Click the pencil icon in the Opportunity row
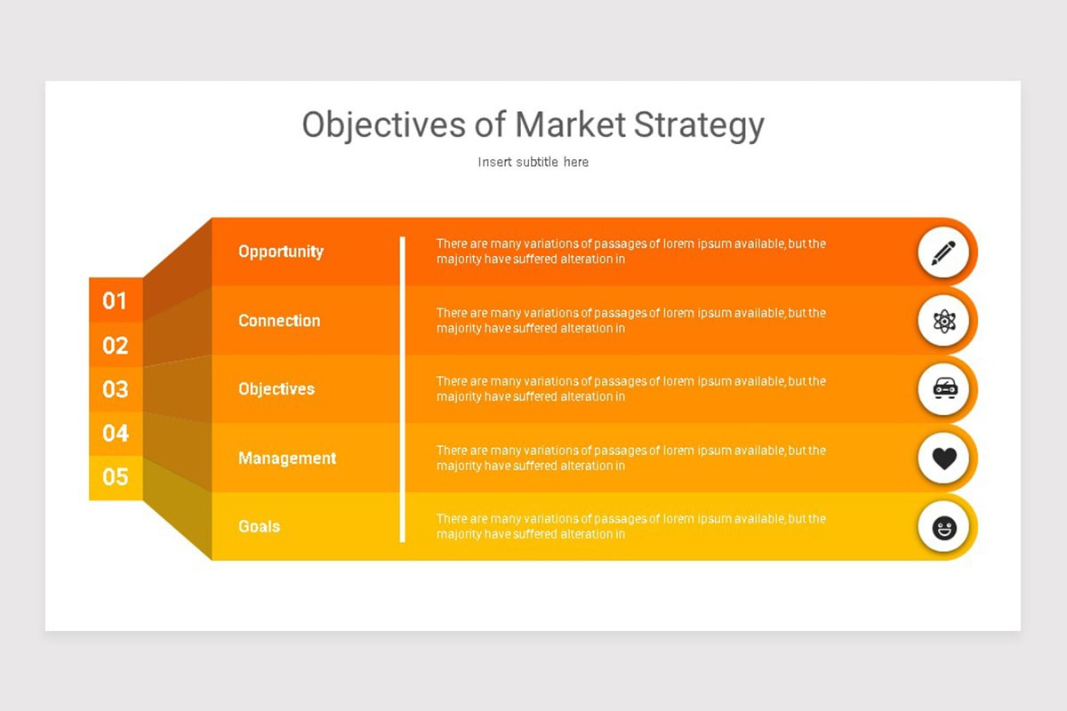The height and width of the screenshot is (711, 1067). pyautogui.click(x=943, y=252)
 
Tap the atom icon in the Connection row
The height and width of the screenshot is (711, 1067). pyautogui.click(x=944, y=321)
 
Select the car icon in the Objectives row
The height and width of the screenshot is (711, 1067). pyautogui.click(x=944, y=388)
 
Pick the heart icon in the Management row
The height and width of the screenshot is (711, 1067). pyautogui.click(x=944, y=458)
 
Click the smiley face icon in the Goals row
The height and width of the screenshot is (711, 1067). pyautogui.click(x=944, y=528)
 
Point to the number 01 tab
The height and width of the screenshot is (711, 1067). pyautogui.click(x=116, y=300)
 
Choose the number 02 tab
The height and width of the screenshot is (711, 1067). pyautogui.click(x=116, y=345)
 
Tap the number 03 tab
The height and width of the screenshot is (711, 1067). pyautogui.click(x=116, y=389)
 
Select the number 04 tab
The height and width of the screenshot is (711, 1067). pyautogui.click(x=116, y=434)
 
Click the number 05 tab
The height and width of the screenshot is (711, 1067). pyautogui.click(x=116, y=477)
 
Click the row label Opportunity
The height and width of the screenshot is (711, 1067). pyautogui.click(x=281, y=252)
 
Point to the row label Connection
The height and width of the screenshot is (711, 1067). pyautogui.click(x=279, y=321)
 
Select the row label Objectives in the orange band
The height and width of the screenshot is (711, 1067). pyautogui.click(x=277, y=388)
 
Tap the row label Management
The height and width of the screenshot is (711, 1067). pyautogui.click(x=287, y=458)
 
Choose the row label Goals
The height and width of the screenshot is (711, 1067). pyautogui.click(x=259, y=526)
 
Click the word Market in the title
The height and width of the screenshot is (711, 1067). pyautogui.click(x=570, y=124)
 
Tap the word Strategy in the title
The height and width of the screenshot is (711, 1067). pyautogui.click(x=699, y=126)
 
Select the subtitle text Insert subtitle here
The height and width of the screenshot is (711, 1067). pyautogui.click(x=533, y=162)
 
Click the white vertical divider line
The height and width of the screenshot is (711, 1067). pyautogui.click(x=403, y=389)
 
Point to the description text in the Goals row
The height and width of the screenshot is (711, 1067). pyautogui.click(x=631, y=526)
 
